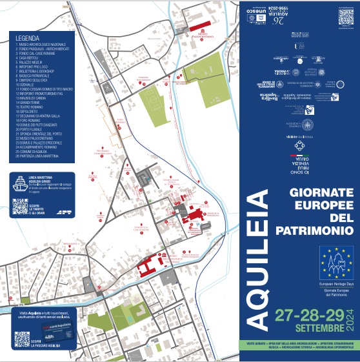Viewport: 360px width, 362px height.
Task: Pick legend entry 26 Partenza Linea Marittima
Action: coord(46,156)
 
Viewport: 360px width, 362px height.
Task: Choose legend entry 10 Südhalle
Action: coord(28,84)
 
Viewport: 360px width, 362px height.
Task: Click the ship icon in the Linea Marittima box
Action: coord(21,181)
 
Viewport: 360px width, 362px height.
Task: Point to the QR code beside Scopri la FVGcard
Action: coord(22,338)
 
